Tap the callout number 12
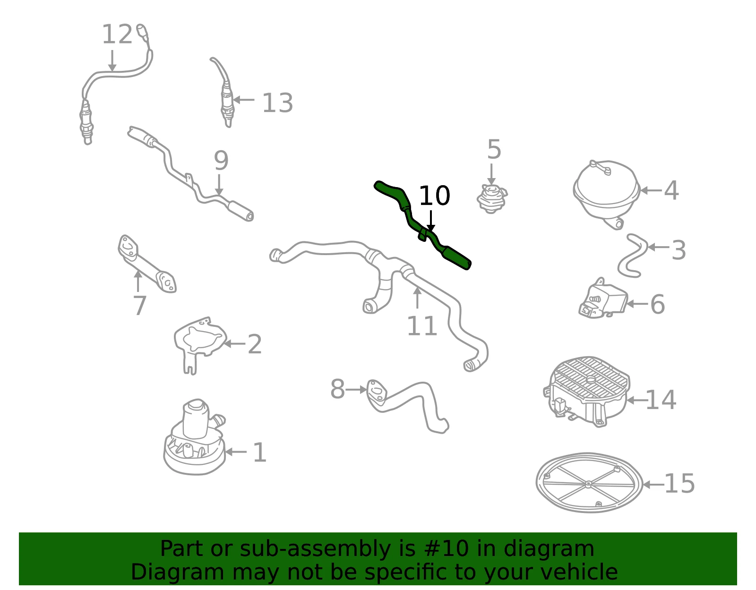(x=117, y=34)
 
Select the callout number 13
(x=277, y=103)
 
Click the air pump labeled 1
(x=195, y=438)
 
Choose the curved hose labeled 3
(x=632, y=256)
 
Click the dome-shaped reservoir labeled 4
(x=606, y=193)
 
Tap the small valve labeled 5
(x=491, y=199)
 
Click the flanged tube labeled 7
(x=146, y=264)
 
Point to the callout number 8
(x=337, y=389)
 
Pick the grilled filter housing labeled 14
(x=587, y=392)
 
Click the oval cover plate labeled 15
(x=589, y=483)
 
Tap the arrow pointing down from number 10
(x=431, y=221)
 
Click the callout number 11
(x=421, y=326)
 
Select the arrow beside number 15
(x=653, y=484)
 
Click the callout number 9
(x=221, y=160)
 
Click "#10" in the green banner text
(x=446, y=549)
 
